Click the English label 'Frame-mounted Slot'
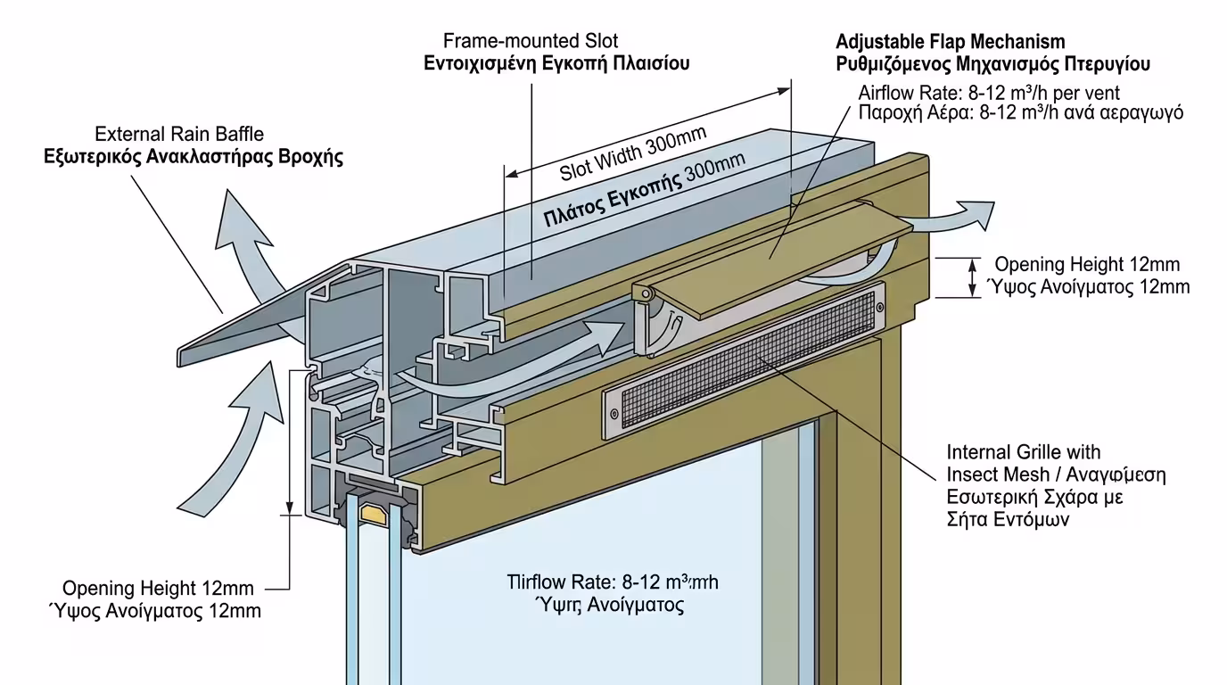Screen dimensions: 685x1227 pos(531,41)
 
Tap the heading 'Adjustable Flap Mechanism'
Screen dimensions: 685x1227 pos(950,42)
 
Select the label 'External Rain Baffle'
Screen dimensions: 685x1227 pos(179,135)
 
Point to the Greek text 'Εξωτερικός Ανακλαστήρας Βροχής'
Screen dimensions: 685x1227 pos(194,157)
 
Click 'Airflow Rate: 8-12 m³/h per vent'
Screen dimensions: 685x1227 pos(989,93)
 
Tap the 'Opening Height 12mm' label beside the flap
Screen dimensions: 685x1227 pos(1087,265)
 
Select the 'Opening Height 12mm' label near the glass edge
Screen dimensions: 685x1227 pos(158,589)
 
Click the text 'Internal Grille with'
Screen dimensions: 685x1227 pos(1024,452)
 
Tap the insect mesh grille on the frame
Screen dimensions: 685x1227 pos(745,352)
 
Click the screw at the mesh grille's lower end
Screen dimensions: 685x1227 pos(613,412)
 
